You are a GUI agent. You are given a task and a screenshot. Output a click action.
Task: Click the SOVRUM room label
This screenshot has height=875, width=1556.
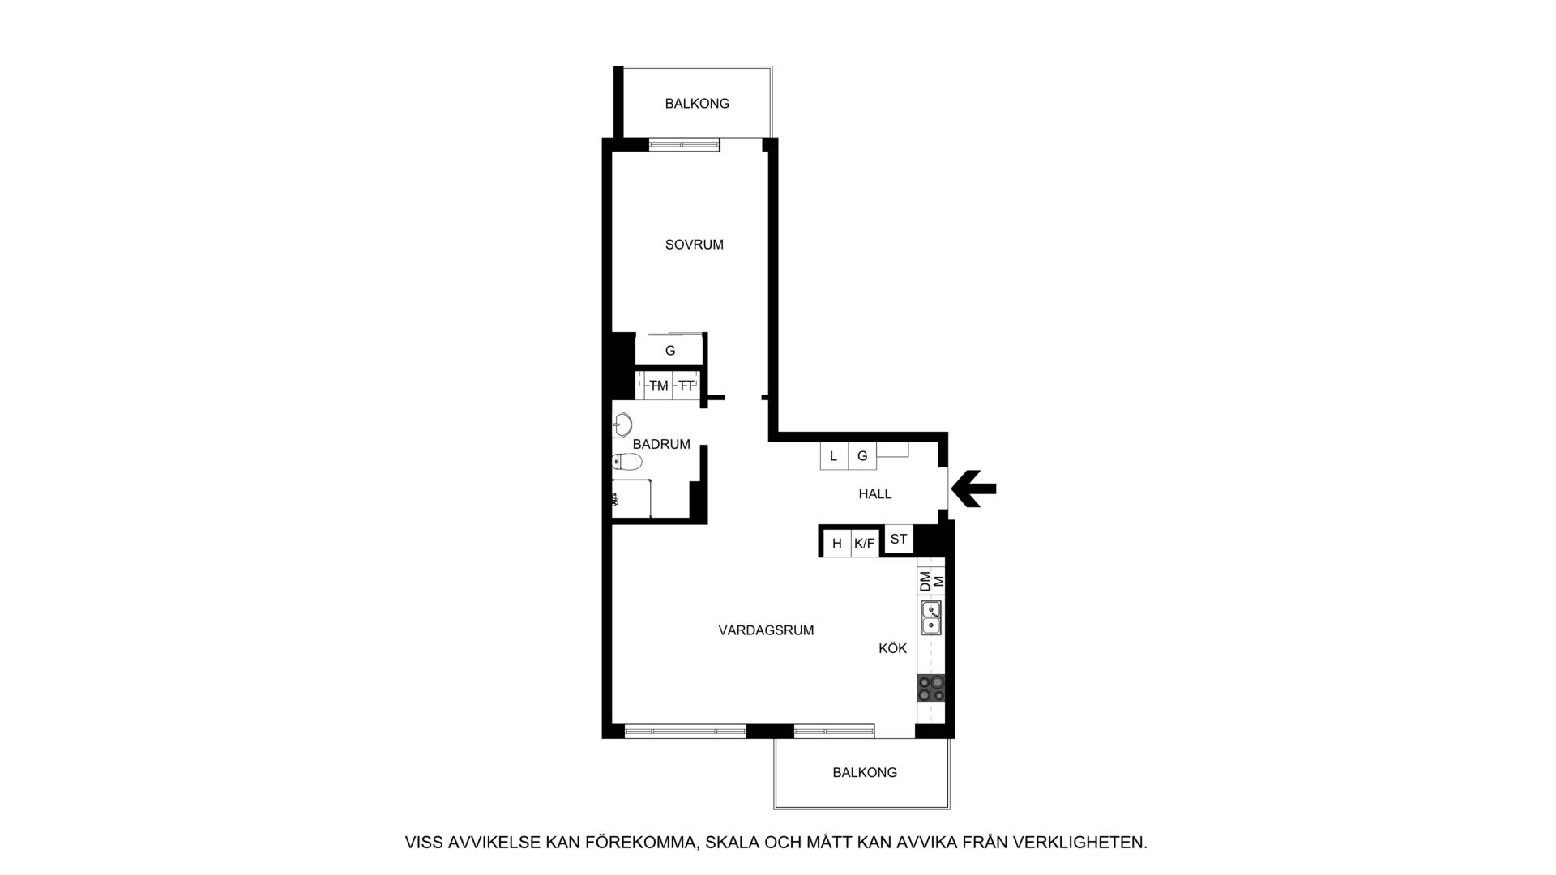[694, 245]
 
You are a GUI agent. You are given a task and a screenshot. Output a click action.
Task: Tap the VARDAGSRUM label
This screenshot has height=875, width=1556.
[766, 630]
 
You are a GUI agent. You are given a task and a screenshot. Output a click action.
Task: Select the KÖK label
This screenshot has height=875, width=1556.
[892, 648]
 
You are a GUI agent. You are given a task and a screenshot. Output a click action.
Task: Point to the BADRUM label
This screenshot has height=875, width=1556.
[661, 444]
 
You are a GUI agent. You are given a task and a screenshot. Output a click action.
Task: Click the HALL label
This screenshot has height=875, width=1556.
[875, 494]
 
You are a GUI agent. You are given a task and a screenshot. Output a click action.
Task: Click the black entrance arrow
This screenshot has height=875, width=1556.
[973, 489]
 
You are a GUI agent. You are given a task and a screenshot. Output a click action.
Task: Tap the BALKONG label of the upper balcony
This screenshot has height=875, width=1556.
[697, 104]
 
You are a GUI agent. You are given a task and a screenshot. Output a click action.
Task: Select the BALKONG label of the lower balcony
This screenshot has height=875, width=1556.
[865, 773]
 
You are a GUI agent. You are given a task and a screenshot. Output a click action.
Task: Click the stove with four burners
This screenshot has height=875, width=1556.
[930, 689]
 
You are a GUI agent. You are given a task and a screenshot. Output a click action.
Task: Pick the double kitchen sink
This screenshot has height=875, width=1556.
[930, 617]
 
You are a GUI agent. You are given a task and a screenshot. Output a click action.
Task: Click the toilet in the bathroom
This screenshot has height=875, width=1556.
[626, 462]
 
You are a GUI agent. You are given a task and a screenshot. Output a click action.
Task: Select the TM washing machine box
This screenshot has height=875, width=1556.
[658, 386]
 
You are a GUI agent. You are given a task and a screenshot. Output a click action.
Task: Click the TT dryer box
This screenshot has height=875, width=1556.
[686, 386]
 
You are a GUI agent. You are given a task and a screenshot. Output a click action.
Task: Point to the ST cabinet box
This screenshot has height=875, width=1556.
[899, 540]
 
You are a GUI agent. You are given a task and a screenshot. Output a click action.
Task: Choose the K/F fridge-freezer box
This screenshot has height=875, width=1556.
[865, 543]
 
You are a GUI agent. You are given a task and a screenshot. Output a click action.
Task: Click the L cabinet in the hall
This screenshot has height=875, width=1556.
[834, 456]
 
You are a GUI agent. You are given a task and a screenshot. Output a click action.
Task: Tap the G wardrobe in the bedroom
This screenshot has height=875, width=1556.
[669, 350]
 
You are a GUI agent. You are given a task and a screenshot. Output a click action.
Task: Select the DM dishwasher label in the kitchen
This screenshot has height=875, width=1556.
[925, 582]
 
